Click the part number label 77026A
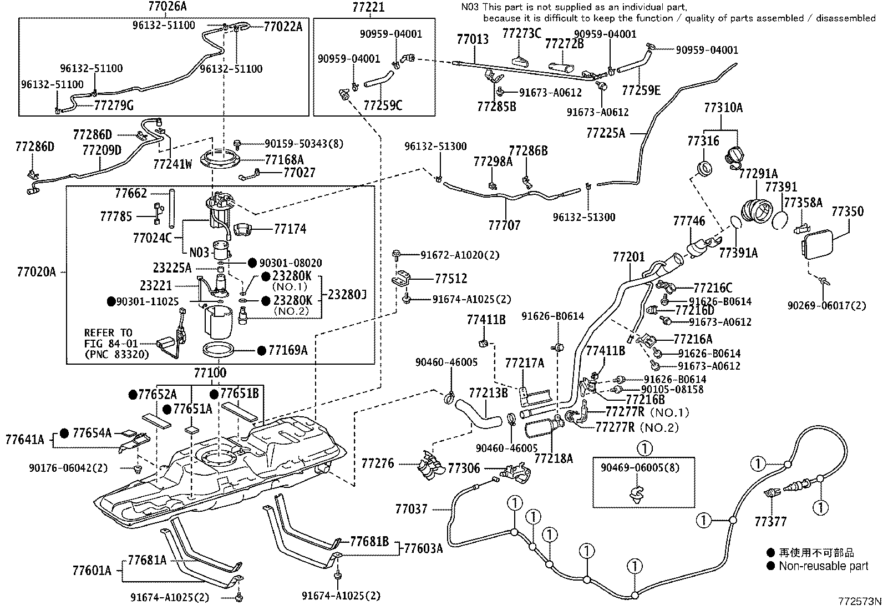(x=168, y=7)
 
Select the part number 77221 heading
(x=368, y=7)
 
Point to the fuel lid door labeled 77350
(x=818, y=245)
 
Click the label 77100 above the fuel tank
(x=210, y=372)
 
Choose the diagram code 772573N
(x=859, y=601)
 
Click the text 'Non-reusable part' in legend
(x=824, y=566)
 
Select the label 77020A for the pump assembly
(x=36, y=272)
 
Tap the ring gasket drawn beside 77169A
(x=218, y=350)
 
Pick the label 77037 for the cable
(x=411, y=509)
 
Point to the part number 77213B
(x=489, y=393)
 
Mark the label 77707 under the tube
(x=504, y=225)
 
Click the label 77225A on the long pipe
(x=606, y=133)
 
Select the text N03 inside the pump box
(x=199, y=252)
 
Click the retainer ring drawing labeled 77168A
(x=221, y=159)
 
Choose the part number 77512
(x=451, y=279)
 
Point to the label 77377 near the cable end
(x=770, y=522)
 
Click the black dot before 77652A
(x=133, y=394)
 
